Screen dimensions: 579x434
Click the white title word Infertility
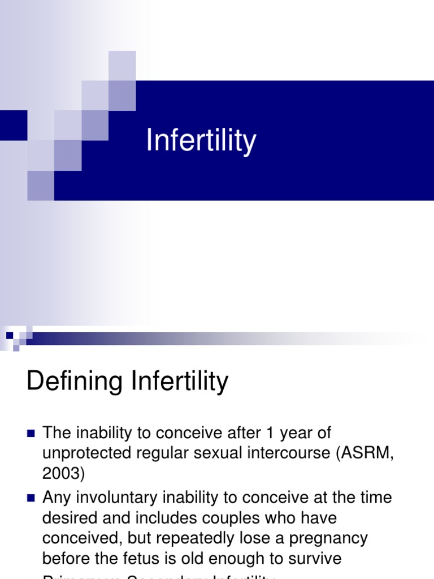coord(201,140)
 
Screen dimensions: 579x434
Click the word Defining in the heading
coord(74,382)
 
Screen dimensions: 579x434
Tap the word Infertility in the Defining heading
coord(180,382)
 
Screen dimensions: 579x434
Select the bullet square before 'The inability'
coord(31,434)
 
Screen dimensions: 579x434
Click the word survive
coord(313,559)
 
